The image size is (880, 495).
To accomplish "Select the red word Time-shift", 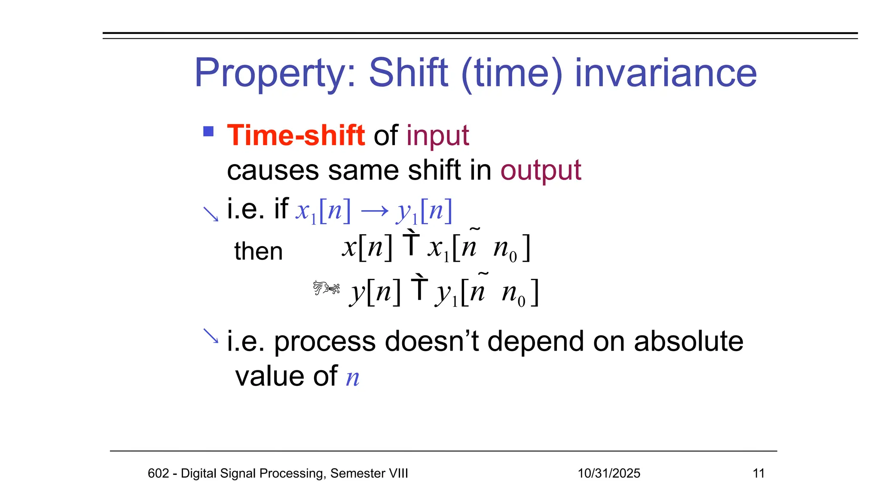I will tap(296, 135).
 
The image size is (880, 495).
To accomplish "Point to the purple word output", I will tap(541, 171).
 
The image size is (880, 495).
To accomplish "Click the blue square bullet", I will tap(208, 131).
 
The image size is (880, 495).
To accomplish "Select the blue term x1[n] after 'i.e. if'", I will tap(323, 211).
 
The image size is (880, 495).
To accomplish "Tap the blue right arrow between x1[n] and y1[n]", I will tap(374, 211).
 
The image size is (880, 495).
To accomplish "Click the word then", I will tap(258, 251).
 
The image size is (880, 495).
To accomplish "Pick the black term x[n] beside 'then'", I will tap(367, 248).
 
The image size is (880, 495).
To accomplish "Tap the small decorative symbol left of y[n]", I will tap(326, 287).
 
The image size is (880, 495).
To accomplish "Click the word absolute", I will tap(688, 341).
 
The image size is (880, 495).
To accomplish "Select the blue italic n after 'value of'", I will tap(353, 378).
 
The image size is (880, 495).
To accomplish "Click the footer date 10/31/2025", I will tap(608, 473).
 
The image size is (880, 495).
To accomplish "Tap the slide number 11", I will tap(758, 473).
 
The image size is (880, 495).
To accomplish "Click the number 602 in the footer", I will tap(158, 473).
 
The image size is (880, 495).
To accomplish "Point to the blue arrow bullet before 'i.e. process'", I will tap(211, 336).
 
